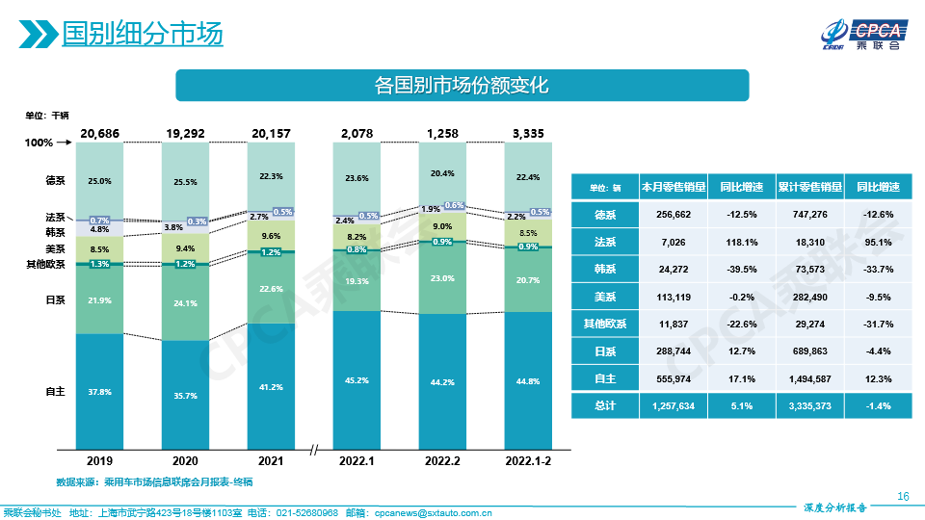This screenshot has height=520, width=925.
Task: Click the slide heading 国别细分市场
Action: pyautogui.click(x=142, y=35)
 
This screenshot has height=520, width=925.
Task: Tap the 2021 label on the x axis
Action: pyautogui.click(x=271, y=461)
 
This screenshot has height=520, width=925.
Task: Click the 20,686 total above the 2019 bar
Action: pyautogui.click(x=100, y=133)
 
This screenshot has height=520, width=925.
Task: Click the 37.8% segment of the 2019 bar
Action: pyautogui.click(x=99, y=392)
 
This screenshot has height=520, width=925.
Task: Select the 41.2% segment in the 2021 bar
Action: pyautogui.click(x=271, y=386)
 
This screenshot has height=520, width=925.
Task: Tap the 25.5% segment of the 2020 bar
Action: pyautogui.click(x=185, y=182)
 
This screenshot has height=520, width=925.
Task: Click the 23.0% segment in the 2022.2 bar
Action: pyautogui.click(x=442, y=277)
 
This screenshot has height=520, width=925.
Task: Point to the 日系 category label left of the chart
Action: pyautogui.click(x=55, y=300)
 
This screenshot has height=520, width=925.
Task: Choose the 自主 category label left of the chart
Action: pyautogui.click(x=55, y=392)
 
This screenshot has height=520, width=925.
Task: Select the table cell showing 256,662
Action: pyautogui.click(x=673, y=215)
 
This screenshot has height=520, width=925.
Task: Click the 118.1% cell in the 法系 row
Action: pyautogui.click(x=741, y=242)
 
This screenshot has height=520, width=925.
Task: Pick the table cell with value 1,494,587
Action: pyautogui.click(x=809, y=378)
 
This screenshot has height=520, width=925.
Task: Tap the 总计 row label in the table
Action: pyautogui.click(x=604, y=406)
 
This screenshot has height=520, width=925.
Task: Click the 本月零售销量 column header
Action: pyautogui.click(x=673, y=188)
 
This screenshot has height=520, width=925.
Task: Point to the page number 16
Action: pyautogui.click(x=903, y=496)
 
